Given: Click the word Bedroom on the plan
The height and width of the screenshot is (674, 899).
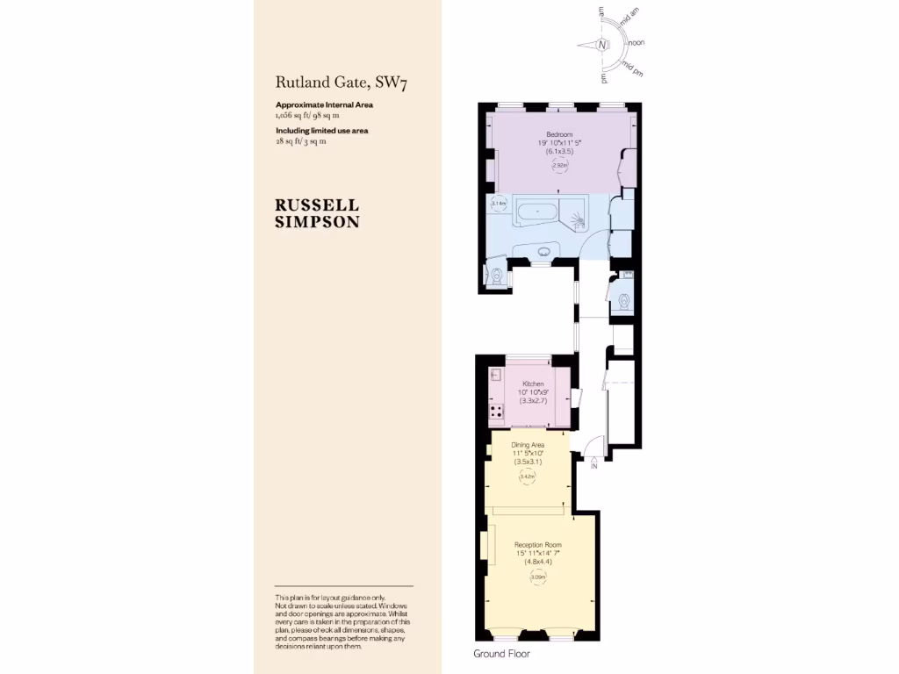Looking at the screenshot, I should (x=559, y=134).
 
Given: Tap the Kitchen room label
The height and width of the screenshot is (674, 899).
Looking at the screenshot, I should (x=533, y=384).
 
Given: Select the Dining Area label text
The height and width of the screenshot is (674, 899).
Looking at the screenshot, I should (x=529, y=445).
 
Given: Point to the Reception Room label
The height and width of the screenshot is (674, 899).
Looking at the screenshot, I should (x=538, y=545).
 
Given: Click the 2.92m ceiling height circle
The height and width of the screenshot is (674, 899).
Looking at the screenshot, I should (x=559, y=165).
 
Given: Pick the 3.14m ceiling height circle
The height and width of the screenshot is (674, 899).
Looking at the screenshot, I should (x=499, y=204).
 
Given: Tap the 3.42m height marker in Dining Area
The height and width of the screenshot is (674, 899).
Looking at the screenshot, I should (x=528, y=477).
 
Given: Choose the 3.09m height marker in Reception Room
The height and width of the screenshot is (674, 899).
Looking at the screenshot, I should (x=538, y=577).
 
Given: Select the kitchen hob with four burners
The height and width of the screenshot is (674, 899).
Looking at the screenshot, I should (x=496, y=411).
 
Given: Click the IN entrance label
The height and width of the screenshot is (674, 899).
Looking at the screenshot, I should (x=594, y=466).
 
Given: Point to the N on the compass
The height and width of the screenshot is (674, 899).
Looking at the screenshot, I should (x=602, y=45).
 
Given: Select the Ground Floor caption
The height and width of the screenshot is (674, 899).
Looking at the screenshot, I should (x=501, y=654).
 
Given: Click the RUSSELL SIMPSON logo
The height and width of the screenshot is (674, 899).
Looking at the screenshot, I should (x=317, y=213).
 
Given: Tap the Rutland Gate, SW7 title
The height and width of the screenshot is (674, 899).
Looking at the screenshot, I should (x=342, y=83).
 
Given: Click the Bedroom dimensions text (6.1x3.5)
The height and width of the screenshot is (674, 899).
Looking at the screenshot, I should (x=559, y=151).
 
